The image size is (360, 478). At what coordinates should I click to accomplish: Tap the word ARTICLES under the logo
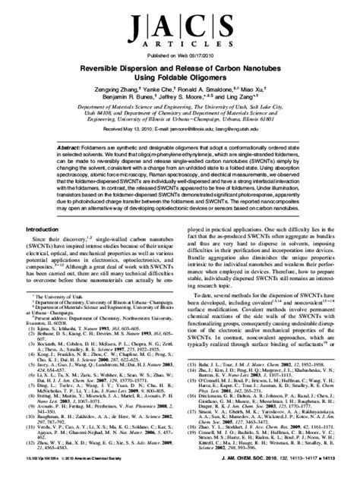(x=179, y=45)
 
